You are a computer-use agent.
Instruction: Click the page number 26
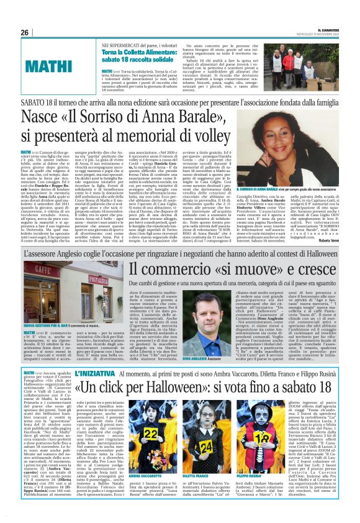click(x=25, y=32)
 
